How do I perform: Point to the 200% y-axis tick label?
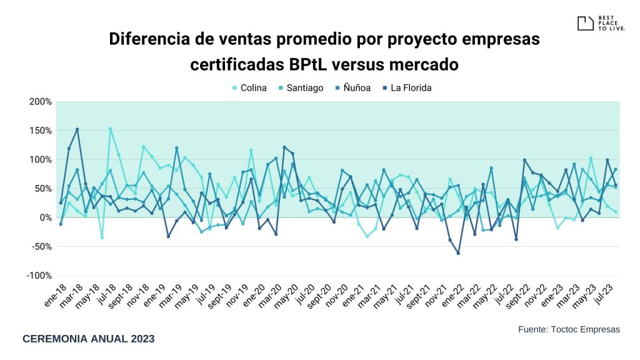click(x=40, y=101)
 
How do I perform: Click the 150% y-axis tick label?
click(x=40, y=131)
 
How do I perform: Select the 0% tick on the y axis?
click(x=45, y=217)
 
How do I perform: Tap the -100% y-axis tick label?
click(x=39, y=276)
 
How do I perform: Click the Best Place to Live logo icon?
click(x=585, y=24)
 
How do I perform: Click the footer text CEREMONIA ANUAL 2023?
click(x=88, y=339)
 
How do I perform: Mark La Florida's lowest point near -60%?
click(x=458, y=253)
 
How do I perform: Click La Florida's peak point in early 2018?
click(x=77, y=129)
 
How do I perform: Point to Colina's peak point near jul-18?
click(x=110, y=129)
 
